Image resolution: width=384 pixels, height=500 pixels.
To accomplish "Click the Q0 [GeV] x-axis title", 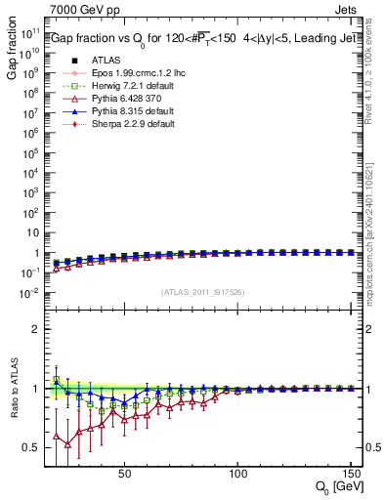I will [x=338, y=487].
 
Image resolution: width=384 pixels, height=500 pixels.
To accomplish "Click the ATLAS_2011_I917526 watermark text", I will [x=202, y=292].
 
